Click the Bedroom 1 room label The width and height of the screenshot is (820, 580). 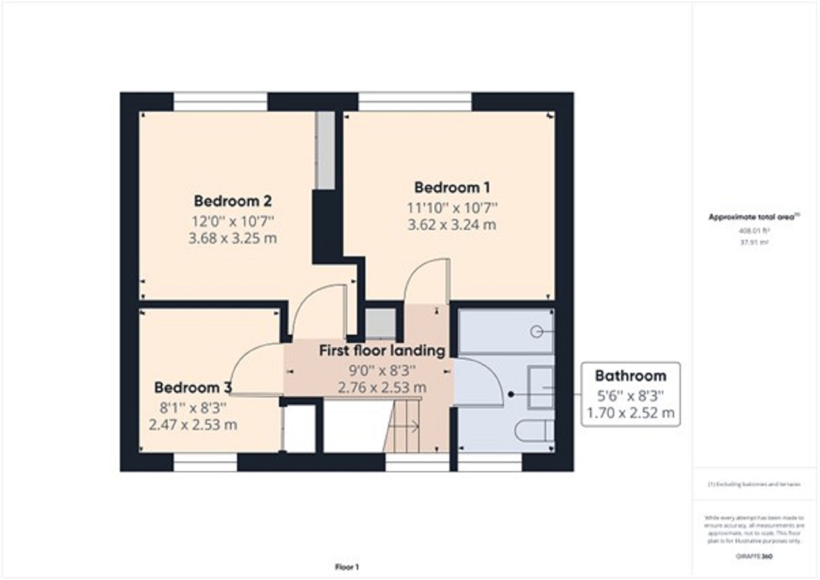point(452,187)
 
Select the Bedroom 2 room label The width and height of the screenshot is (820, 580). point(233,201)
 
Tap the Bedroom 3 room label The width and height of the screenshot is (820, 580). point(193,387)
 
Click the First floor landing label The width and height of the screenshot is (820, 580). point(382,351)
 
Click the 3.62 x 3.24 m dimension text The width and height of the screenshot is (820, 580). point(452,225)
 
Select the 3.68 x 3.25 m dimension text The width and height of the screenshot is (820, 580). point(233,238)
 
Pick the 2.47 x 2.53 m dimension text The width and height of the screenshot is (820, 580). point(193,425)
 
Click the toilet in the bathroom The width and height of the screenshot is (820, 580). point(535,432)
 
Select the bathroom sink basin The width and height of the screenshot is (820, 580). point(541,387)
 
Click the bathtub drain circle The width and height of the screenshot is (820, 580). point(535,332)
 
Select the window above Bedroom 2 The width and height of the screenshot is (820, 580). point(221,102)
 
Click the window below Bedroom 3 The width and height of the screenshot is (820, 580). point(205,462)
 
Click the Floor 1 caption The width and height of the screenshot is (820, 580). point(347,567)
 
